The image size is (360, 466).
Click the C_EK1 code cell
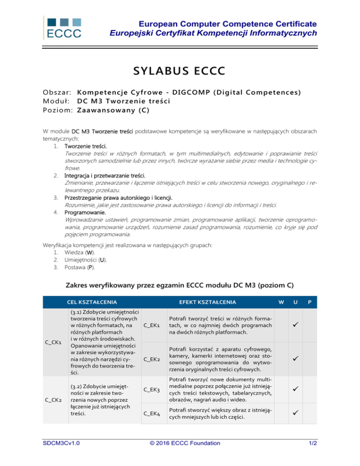click(x=152, y=325)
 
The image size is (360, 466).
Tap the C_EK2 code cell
click(x=152, y=360)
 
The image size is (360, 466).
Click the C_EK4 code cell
click(x=152, y=414)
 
